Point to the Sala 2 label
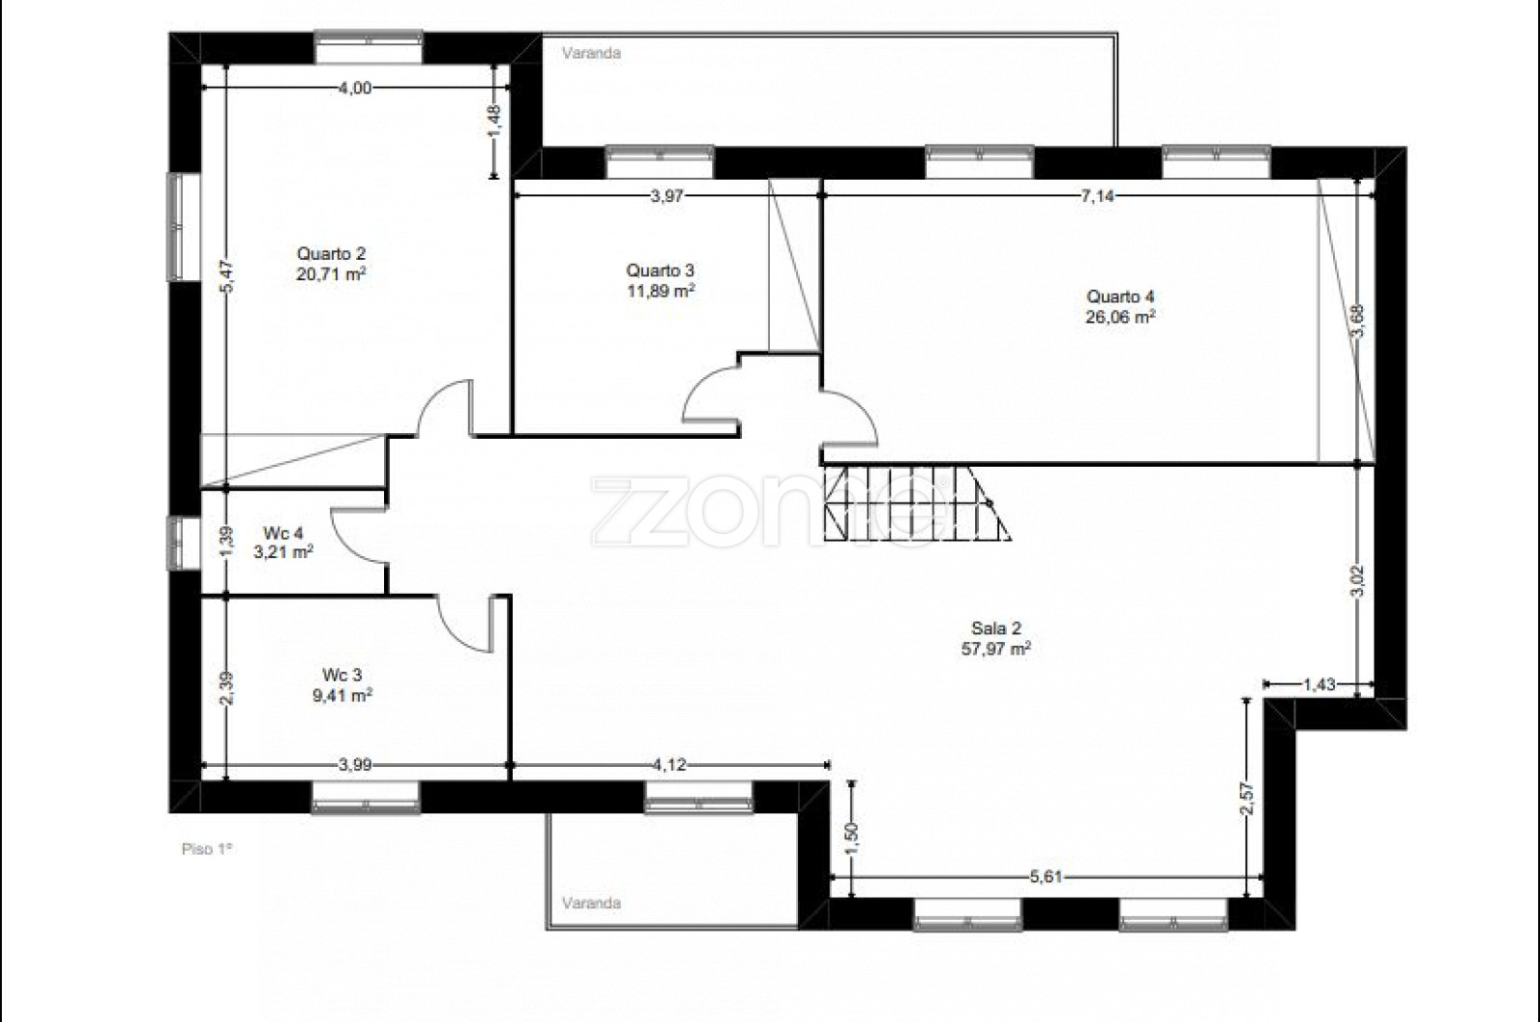tap(996, 627)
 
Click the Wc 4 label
tap(283, 532)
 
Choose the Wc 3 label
tap(342, 675)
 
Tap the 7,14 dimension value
tap(1097, 196)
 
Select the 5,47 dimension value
tap(228, 276)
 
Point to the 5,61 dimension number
tap(1045, 877)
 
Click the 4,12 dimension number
tap(669, 765)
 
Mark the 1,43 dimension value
tap(1320, 684)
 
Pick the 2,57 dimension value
tap(1247, 799)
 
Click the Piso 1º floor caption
tap(207, 849)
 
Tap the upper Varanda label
tap(591, 53)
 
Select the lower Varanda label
tap(591, 903)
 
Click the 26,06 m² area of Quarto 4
tap(1120, 317)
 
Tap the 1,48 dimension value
tap(495, 120)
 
